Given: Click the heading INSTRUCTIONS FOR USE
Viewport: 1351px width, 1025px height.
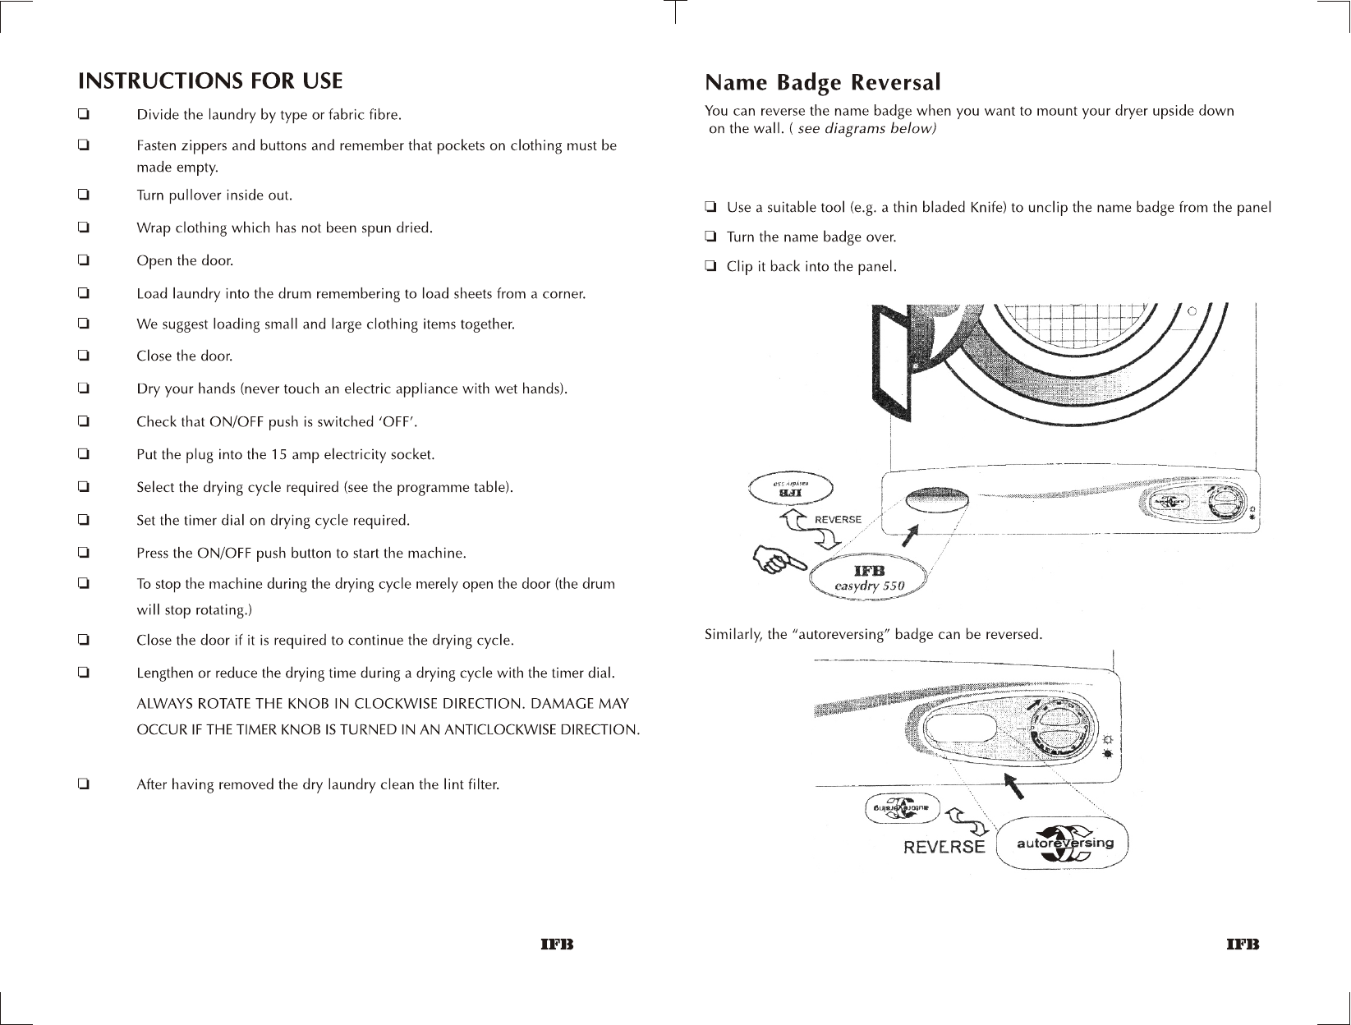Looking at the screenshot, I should pos(210,81).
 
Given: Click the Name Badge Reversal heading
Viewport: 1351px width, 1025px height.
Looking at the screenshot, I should pos(823,83).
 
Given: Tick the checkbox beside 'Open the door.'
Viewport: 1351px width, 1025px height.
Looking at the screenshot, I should pos(83,260).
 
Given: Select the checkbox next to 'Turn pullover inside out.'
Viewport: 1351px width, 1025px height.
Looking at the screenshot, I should pos(83,195).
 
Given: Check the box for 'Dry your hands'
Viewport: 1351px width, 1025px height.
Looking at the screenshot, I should pos(83,388).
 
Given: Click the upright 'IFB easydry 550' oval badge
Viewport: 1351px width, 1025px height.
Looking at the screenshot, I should pos(869,578).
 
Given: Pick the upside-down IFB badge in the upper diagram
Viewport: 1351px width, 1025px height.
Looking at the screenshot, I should pos(790,490).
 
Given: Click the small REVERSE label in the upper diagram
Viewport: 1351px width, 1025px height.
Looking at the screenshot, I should pos(838,520).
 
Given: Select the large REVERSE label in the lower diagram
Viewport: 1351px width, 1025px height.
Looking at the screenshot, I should pos(944,847).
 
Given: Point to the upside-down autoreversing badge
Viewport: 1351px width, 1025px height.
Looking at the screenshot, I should pos(901,809).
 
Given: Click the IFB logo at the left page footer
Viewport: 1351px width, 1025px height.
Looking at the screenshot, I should pos(555,945).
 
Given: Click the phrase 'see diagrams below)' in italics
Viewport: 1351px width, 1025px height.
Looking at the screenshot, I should pos(866,130).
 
